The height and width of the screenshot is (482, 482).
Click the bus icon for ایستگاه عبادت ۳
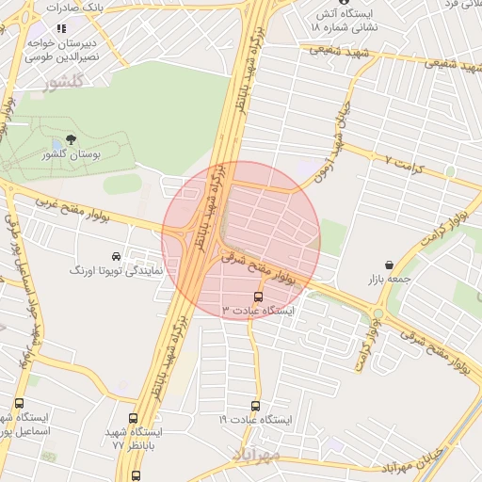259,297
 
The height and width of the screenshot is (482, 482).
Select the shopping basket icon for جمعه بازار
389,265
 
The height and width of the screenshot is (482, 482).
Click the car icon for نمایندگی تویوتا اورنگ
116,256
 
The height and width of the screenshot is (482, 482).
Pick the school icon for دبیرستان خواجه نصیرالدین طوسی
62,28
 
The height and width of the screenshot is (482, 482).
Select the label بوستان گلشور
72,154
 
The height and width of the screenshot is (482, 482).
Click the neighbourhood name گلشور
64,82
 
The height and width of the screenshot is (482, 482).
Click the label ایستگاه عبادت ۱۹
256,419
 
